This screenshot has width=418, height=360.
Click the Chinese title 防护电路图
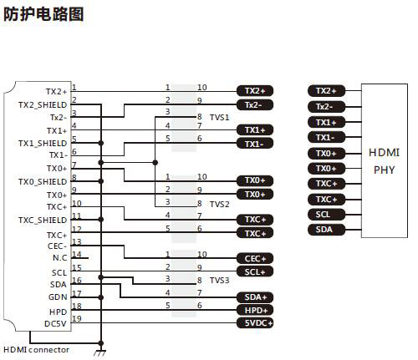(43, 14)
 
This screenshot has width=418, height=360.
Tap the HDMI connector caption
(36, 350)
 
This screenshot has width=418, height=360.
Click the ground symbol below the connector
(99, 352)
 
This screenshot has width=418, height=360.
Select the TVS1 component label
(220, 118)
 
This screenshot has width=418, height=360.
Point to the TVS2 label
(220, 205)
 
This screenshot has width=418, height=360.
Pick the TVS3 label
(220, 280)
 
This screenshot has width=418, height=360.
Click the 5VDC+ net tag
(255, 323)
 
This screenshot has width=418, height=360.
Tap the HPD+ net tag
(255, 310)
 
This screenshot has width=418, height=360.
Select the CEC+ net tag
(255, 259)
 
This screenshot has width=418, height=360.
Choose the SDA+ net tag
(255, 297)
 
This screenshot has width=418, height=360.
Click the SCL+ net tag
(255, 271)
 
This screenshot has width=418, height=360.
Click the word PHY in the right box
(385, 170)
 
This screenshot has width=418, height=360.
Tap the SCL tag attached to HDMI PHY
(326, 215)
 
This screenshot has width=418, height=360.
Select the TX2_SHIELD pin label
(43, 105)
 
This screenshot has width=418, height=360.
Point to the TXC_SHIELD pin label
(43, 221)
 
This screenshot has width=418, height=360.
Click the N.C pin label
(60, 258)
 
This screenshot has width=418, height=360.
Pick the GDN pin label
(58, 297)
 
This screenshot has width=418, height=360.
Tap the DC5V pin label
(55, 324)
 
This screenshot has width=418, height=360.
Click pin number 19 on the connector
(77, 318)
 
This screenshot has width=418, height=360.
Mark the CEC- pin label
(57, 246)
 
